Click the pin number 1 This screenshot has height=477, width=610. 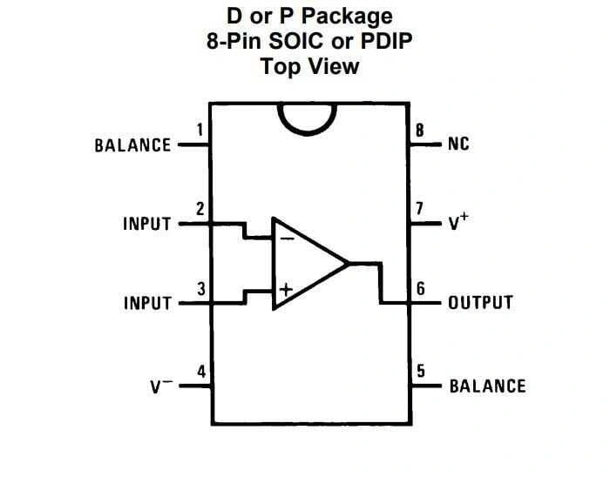click(200, 131)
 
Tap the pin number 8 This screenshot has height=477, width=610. click(420, 131)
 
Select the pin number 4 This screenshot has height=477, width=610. click(201, 372)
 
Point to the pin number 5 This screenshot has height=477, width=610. click(420, 372)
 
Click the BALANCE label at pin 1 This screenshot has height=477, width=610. click(132, 145)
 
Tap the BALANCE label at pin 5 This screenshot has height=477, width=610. click(487, 386)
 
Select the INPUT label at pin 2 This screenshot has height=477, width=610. click(146, 224)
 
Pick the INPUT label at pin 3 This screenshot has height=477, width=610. click(146, 303)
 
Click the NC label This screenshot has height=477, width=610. click(458, 145)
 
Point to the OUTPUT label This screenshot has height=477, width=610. click(480, 303)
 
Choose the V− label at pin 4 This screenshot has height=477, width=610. click(158, 385)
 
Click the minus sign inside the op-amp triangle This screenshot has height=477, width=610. click(287, 237)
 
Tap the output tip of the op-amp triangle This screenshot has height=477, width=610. click(349, 263)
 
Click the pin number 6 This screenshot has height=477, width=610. click(420, 289)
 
